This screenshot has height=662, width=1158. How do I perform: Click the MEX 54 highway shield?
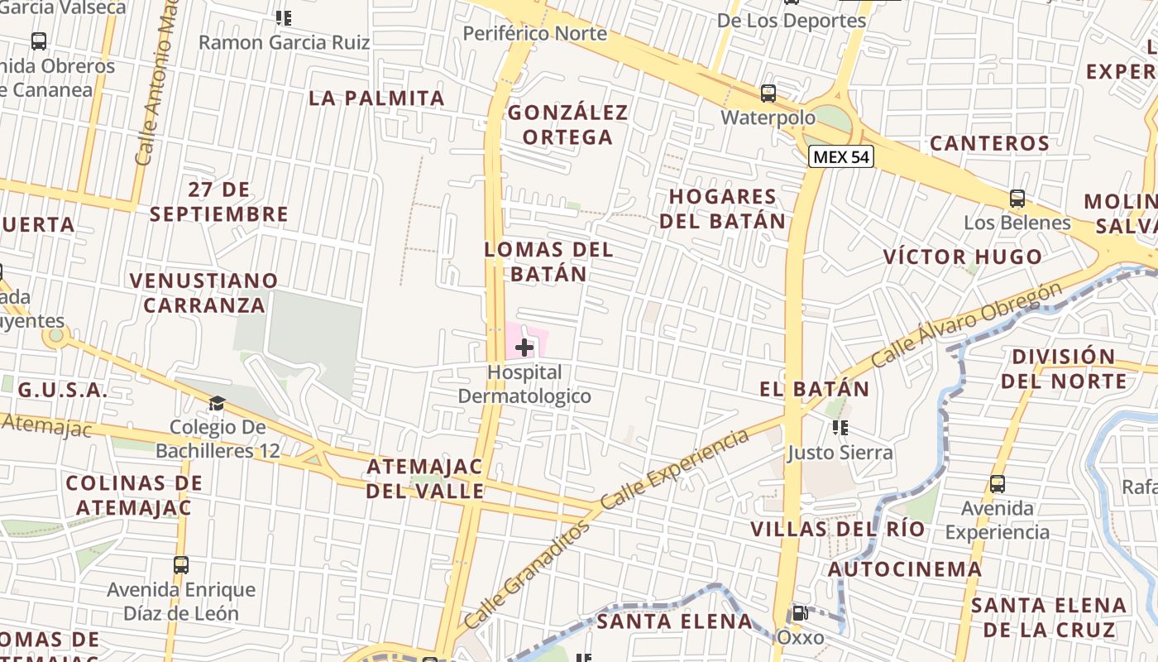pos(841,156)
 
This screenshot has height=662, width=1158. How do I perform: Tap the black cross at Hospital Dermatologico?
pos(524,348)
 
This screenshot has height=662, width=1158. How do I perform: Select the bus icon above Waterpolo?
pos(768,94)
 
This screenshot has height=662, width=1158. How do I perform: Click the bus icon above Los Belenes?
pos(1017,199)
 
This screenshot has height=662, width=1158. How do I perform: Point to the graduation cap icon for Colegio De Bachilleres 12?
pos(217,403)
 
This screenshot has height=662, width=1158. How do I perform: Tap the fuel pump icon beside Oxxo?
pos(800,613)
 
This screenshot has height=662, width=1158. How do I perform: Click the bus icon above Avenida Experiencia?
pos(998,484)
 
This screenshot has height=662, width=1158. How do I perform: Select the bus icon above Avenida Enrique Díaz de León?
pos(181,565)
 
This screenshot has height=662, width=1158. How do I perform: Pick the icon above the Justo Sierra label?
pos(840,428)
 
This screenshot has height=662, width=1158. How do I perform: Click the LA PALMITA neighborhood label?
pos(377,98)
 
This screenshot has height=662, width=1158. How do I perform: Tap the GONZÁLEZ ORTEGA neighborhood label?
pos(568,124)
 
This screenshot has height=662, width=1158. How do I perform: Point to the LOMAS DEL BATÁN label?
pos(548,261)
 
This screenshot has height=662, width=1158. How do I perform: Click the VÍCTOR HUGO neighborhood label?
pos(963,257)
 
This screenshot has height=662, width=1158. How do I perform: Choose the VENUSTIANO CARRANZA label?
pos(203,293)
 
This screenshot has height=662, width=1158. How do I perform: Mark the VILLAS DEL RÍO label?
pos(838,529)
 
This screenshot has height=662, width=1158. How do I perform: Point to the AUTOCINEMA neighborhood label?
pos(905,569)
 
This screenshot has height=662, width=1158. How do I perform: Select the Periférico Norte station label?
pos(535,34)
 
